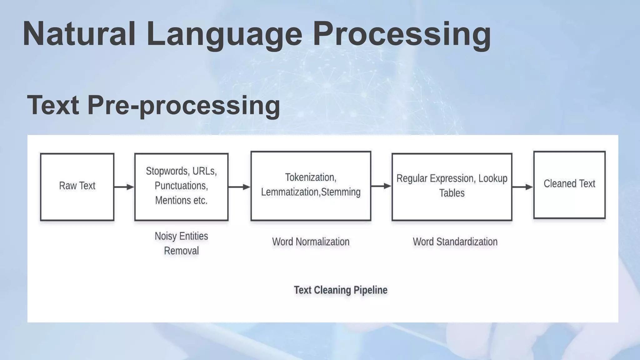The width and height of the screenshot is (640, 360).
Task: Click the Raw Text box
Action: [77, 187]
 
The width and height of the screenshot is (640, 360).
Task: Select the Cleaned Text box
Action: [569, 184]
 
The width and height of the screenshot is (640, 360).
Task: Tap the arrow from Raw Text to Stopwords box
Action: [124, 187]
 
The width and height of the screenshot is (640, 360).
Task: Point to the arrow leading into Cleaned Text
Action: [522, 187]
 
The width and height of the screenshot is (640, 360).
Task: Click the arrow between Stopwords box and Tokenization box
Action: [239, 187]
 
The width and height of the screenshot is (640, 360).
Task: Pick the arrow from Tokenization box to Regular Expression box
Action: [381, 186]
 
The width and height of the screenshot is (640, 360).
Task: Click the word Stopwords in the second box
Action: [167, 171]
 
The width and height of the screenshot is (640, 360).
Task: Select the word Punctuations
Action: [181, 186]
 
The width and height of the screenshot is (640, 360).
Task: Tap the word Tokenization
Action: [310, 177]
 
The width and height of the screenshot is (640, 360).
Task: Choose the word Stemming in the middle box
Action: [341, 192]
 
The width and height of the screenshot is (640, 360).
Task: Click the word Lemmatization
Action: [290, 192]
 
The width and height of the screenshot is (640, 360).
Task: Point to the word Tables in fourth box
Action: [452, 193]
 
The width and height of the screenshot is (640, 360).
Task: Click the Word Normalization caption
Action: [311, 242]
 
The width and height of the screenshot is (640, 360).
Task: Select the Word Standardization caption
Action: [455, 242]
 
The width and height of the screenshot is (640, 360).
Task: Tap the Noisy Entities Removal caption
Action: [181, 243]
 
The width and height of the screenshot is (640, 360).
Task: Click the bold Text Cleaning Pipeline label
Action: [340, 290]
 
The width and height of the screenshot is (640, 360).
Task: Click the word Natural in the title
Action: [79, 34]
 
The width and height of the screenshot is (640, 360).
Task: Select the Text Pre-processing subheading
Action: [153, 105]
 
